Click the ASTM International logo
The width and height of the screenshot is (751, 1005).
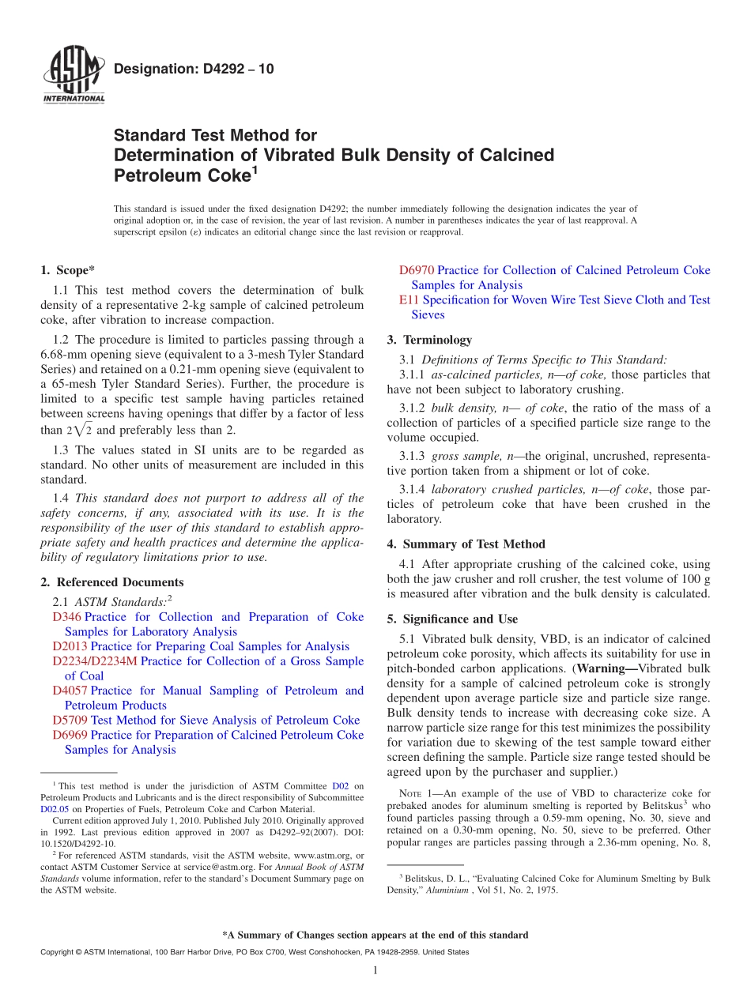74,76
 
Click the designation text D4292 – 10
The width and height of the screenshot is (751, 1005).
194,70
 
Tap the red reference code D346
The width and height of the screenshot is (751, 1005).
66,617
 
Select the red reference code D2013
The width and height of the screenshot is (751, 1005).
70,646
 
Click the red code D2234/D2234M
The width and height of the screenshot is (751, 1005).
94,661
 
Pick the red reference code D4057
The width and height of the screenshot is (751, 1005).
70,691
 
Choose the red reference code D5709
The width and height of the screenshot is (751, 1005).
70,720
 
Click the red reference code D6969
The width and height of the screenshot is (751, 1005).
70,735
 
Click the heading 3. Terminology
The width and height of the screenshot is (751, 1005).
429,340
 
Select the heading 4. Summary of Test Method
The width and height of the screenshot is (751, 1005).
466,544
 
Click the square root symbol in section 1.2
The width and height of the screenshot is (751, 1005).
82,430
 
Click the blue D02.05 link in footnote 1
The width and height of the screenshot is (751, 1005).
55,809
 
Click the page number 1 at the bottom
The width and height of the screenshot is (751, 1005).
375,970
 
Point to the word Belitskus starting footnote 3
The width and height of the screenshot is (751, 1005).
425,879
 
